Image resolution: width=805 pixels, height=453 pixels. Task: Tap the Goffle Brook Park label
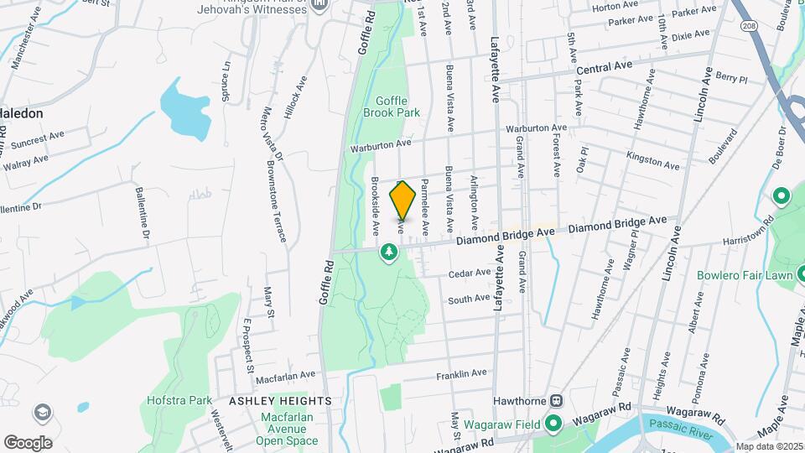(392, 106)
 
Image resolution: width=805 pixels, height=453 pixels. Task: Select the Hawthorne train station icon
(554, 400)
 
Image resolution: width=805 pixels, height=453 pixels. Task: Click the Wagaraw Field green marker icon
(552, 424)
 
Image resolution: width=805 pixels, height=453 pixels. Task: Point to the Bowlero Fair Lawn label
(750, 274)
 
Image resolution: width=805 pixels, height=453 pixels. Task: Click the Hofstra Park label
(179, 400)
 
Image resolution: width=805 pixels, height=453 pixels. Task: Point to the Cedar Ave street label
(469, 273)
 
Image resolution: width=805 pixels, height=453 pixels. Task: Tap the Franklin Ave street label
(461, 373)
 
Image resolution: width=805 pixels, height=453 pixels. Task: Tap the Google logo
(28, 442)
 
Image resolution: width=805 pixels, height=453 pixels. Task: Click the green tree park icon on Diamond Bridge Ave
(389, 251)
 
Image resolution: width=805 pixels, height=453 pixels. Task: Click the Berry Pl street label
(731, 78)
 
